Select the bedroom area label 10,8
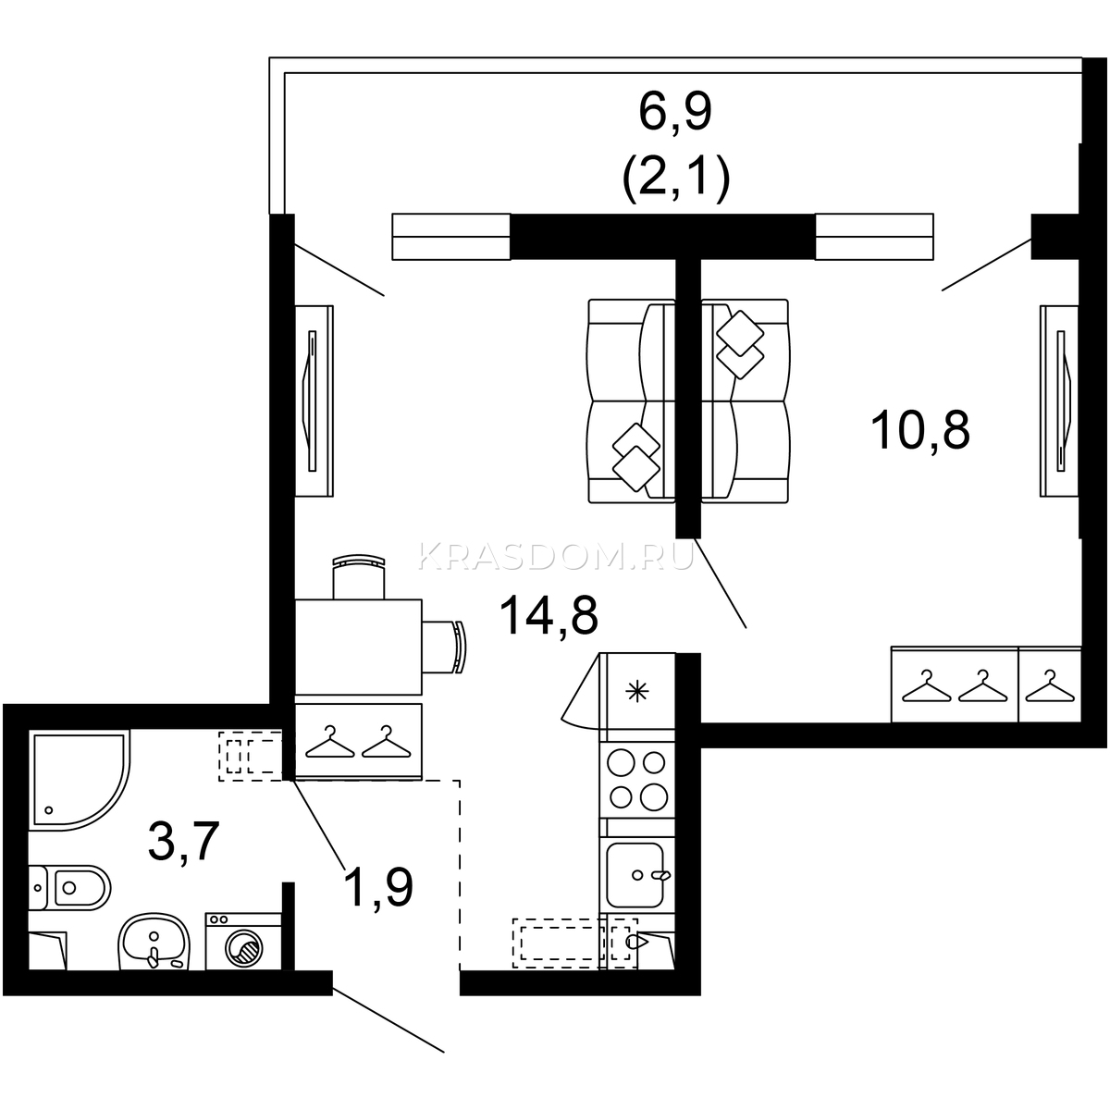(919, 430)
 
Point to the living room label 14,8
(549, 615)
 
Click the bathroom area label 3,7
(184, 842)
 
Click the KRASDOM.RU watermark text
(556, 557)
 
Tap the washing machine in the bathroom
(243, 942)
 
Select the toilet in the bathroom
(69, 887)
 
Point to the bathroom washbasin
(154, 942)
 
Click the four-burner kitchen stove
(637, 781)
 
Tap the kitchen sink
(637, 875)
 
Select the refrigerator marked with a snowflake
(637, 690)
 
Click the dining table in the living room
(358, 647)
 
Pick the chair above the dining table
(358, 576)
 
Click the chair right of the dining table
(444, 647)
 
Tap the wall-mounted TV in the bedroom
(1059, 401)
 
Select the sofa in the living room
(631, 401)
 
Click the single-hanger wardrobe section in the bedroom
(1050, 684)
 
